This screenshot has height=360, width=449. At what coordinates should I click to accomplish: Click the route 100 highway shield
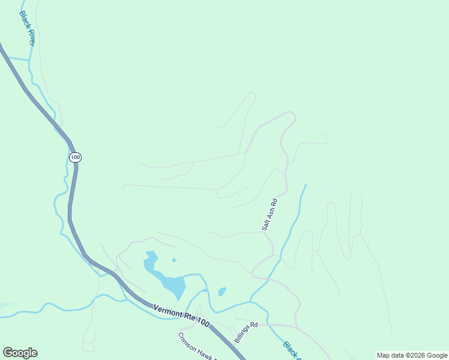click(x=74, y=157)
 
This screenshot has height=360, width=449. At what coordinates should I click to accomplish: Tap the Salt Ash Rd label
click(x=269, y=214)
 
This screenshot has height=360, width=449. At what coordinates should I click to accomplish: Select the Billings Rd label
click(x=246, y=332)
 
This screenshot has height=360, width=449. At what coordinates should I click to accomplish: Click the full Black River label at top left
click(x=28, y=28)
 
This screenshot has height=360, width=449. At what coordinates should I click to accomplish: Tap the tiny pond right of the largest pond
click(x=174, y=260)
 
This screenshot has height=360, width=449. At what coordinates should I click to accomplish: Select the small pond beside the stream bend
click(x=222, y=292)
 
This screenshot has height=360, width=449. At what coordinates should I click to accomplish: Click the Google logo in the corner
click(x=20, y=353)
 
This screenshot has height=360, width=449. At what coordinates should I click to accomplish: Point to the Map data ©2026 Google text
click(x=412, y=355)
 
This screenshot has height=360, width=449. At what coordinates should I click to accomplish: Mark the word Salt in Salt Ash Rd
click(x=265, y=225)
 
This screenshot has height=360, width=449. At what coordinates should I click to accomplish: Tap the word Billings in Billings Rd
click(x=243, y=335)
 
